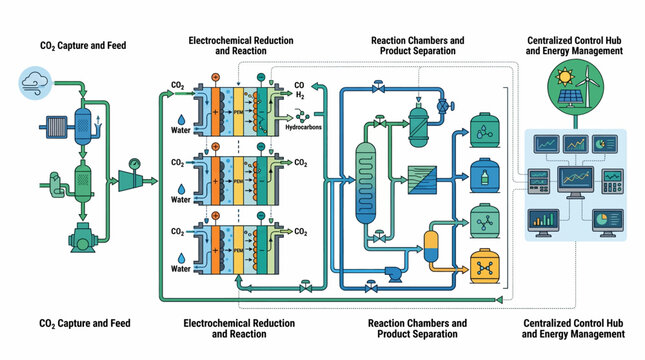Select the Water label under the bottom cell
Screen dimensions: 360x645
180,268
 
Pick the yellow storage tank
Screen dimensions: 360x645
484,266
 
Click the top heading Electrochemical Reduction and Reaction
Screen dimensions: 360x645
241,46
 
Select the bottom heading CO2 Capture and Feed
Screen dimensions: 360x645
83,323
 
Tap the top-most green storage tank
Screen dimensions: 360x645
484,131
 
